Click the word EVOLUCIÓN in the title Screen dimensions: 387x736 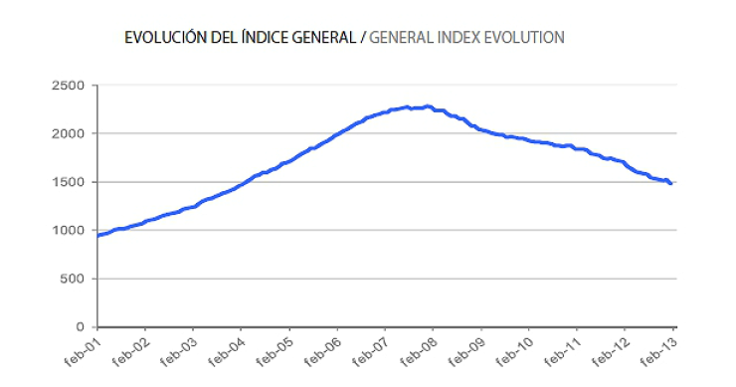tap(163, 38)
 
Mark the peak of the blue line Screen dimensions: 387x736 tap(427, 105)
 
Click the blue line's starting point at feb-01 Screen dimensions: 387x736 tap(98, 236)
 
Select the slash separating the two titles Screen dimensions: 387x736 tap(363, 38)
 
